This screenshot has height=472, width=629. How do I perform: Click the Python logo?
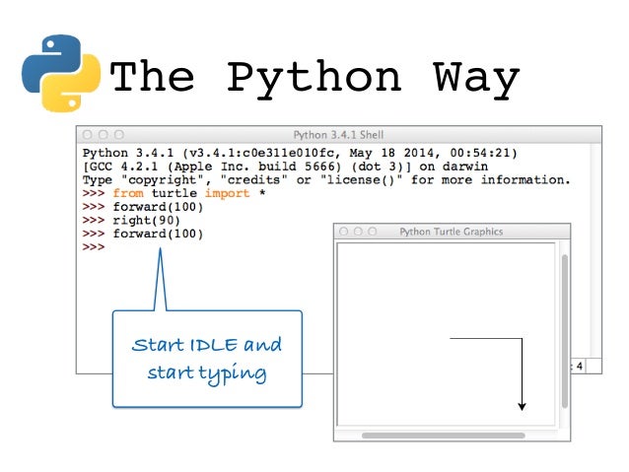point(60,73)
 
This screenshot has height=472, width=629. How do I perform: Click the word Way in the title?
point(476,78)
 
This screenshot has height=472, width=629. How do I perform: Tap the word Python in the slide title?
point(314,78)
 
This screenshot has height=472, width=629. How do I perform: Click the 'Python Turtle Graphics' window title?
point(451,232)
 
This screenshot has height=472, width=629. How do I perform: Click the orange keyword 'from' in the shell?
point(127,194)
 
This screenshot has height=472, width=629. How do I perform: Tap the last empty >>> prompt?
point(94,247)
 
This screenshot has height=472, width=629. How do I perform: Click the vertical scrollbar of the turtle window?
point(564,330)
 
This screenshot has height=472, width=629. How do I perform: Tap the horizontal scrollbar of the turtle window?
point(443,435)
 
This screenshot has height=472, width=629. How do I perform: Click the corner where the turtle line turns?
point(522,339)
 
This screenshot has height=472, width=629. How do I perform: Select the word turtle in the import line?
point(174,194)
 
